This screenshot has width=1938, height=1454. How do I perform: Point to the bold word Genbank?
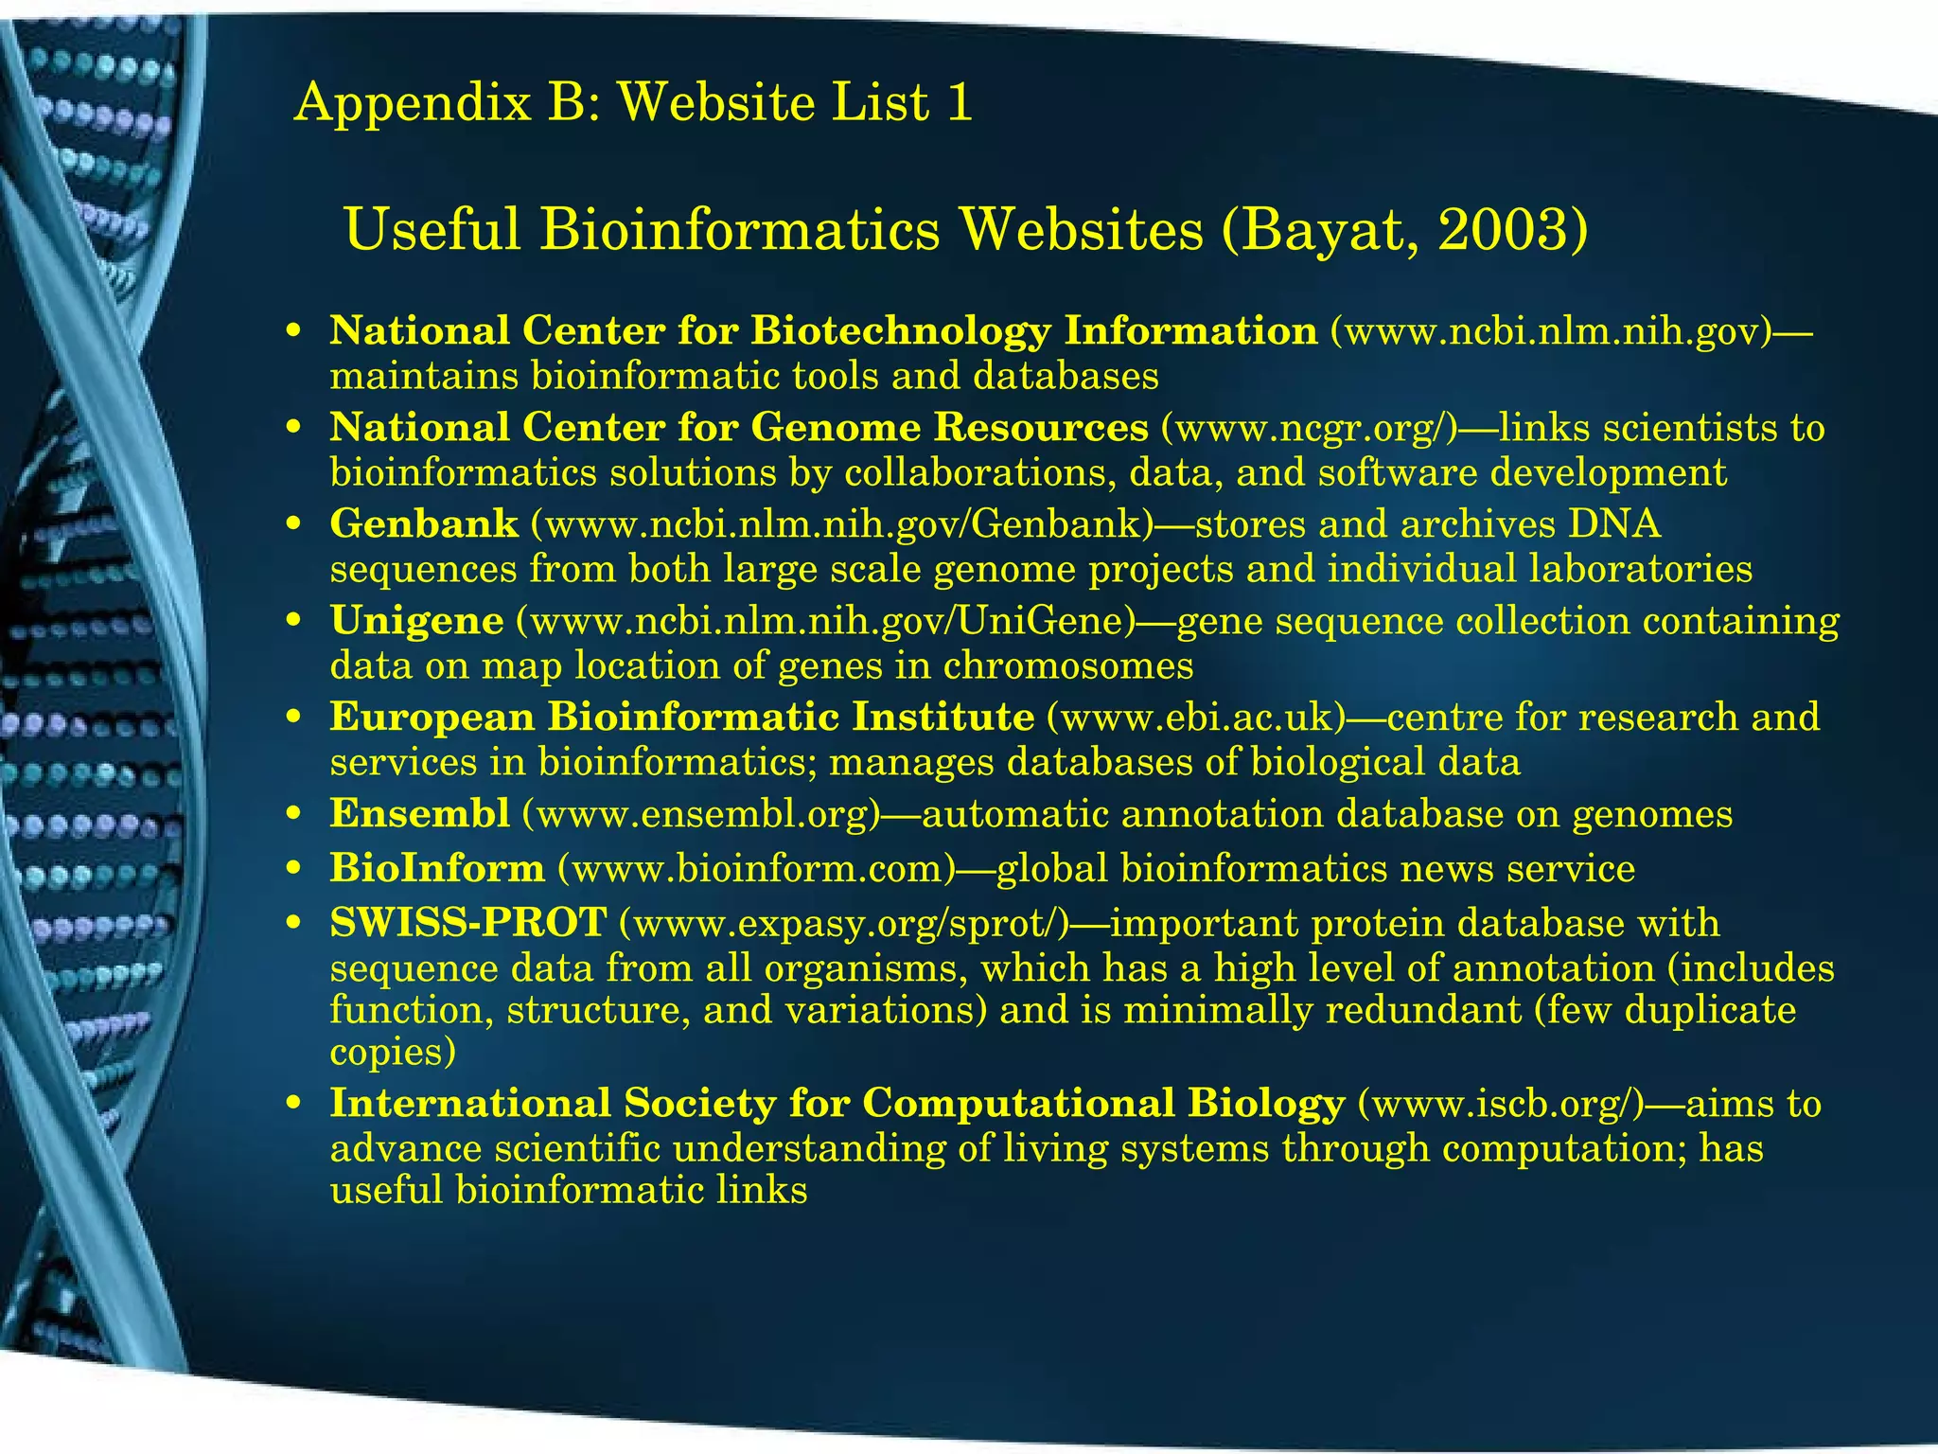click(x=424, y=523)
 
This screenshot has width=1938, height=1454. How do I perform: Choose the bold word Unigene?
click(x=416, y=621)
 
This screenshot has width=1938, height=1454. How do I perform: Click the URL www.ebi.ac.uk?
click(x=1196, y=718)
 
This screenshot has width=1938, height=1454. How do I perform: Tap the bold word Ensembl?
click(x=419, y=814)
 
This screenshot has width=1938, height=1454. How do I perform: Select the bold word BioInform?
click(x=437, y=868)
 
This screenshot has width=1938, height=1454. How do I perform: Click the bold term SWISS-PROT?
click(x=467, y=923)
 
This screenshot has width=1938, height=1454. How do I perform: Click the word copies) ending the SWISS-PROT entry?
click(x=393, y=1053)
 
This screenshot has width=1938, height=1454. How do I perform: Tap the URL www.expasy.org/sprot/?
click(x=843, y=923)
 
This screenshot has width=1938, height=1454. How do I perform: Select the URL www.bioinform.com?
click(x=757, y=868)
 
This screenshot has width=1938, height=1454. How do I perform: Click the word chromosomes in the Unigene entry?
click(x=1068, y=665)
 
